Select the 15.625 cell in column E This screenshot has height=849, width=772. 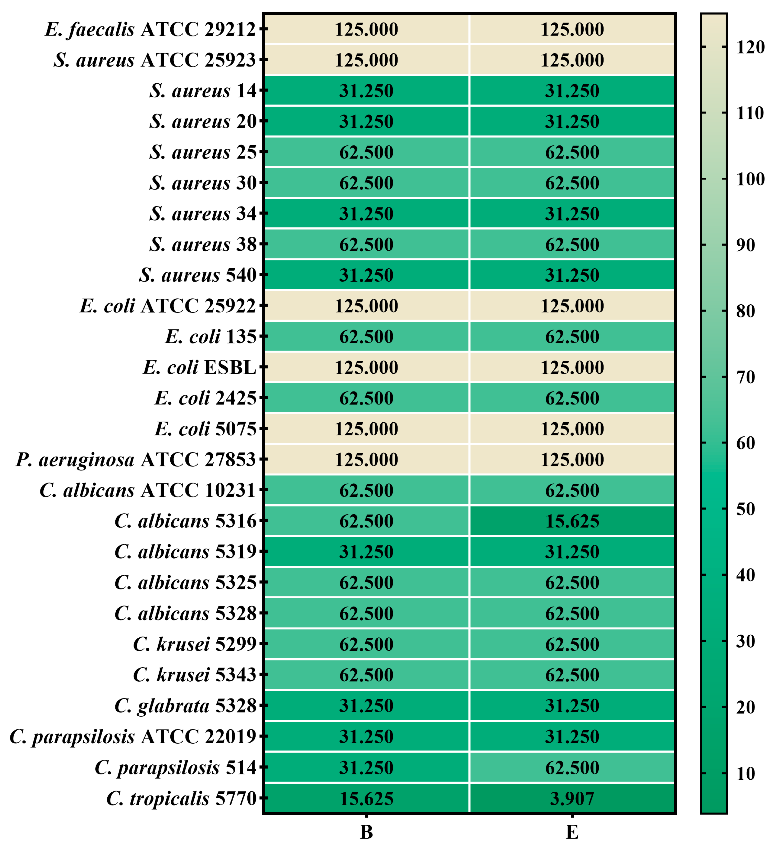572,521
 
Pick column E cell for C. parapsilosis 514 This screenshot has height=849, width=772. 572,767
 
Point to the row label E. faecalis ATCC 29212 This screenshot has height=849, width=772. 151,29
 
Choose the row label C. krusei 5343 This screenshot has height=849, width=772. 195,675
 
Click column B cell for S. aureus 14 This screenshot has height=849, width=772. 366,90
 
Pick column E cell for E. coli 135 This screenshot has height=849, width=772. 572,336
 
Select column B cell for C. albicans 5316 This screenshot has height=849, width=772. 366,521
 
